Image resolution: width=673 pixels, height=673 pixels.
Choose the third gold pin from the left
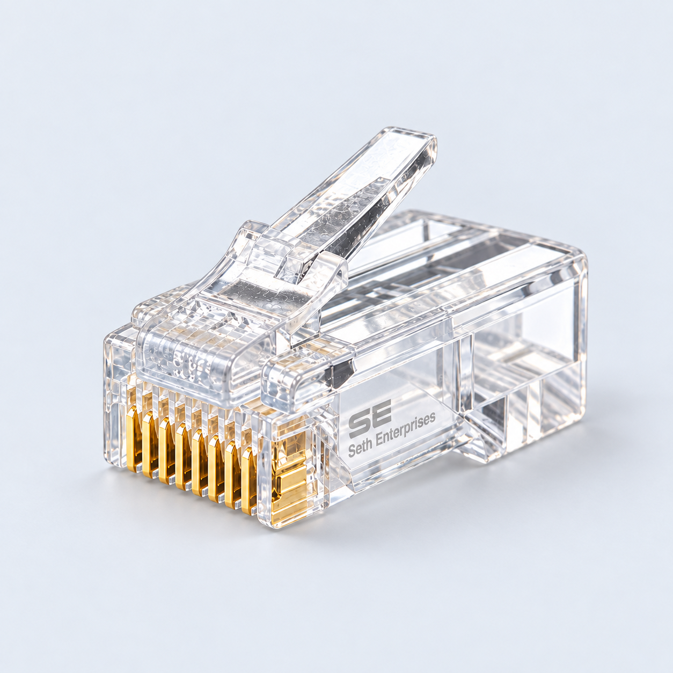165,451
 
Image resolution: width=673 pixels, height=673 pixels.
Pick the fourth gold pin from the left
181,457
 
